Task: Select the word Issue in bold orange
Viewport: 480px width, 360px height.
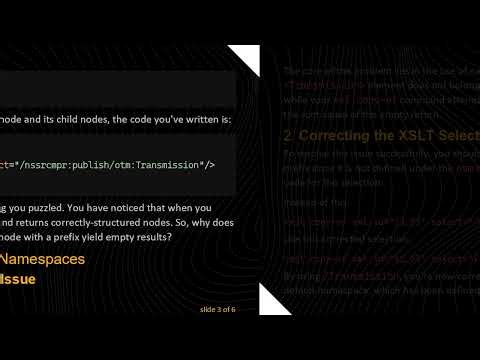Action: pos(18,279)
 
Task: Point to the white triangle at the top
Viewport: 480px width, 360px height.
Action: pos(244,60)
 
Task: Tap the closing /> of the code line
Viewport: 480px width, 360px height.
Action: pos(209,162)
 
